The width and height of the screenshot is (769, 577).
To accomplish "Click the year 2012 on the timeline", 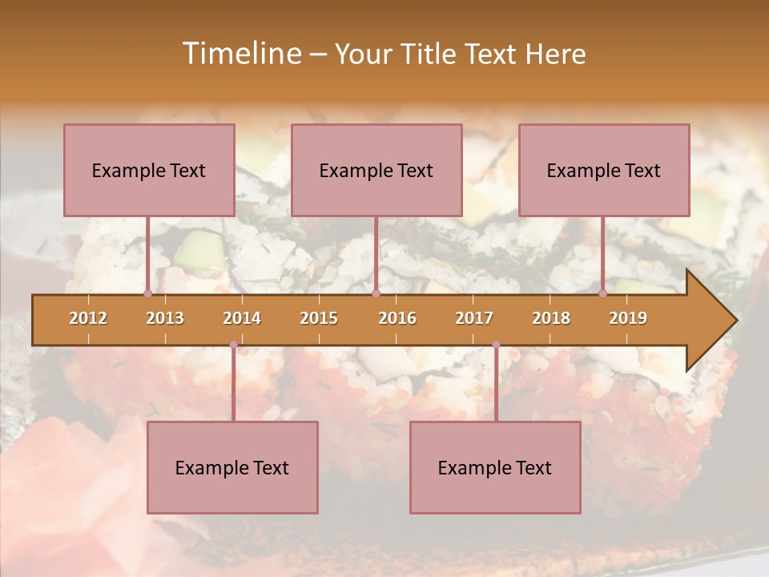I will pos(88,318).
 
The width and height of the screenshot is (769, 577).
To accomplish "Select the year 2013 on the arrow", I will pos(165,318).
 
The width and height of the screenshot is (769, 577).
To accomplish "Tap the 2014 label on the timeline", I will pos(242,318).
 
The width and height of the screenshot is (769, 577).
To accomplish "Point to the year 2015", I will pos(319,318).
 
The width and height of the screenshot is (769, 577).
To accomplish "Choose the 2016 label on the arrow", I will pos(397,318).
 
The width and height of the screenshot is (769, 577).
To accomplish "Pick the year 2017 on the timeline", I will pos(474,318).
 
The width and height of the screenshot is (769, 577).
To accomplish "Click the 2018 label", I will pos(551,318).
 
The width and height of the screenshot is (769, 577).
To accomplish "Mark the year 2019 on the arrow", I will pos(628,318).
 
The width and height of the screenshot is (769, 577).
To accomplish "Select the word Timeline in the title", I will pos(240,54).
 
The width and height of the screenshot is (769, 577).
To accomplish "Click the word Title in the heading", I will pos(433,54).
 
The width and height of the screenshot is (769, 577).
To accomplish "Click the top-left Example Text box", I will pos(149,170).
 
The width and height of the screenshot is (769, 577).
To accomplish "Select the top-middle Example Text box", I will pos(376,170).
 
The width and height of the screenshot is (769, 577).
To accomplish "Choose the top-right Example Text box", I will pos(604,170).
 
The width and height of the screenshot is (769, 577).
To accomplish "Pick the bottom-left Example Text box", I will pos(232,467).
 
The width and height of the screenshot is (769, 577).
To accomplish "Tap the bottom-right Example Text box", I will pos(495,467).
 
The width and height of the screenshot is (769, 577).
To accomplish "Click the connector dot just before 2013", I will pos(147,293).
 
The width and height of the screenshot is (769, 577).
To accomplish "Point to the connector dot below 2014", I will pos(233,345).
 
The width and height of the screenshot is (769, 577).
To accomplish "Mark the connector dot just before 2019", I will pos(602,293).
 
